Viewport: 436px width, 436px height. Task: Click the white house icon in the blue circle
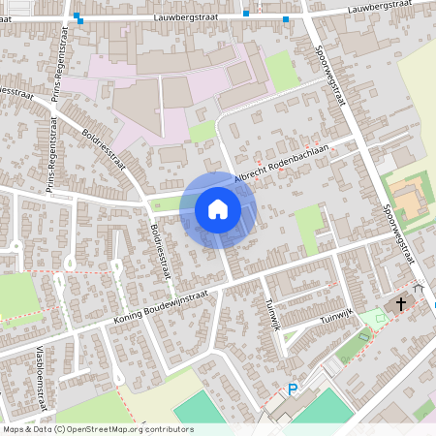pos(218,208)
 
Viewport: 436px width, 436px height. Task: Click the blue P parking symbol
pos(292,390)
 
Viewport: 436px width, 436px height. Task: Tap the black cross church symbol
pos(400,303)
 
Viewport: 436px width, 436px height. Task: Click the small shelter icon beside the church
pos(419,288)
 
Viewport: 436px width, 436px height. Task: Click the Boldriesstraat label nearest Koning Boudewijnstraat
pos(161,247)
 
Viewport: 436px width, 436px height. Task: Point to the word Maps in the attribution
pos(14,429)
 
